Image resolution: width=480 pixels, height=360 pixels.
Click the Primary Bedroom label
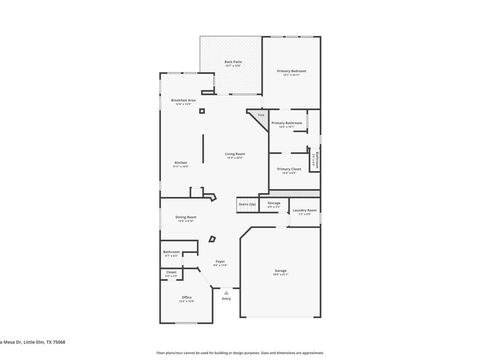coord(291,71)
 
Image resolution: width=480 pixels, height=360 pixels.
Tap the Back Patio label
coord(233,62)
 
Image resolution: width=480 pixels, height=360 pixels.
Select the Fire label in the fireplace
coord(261,115)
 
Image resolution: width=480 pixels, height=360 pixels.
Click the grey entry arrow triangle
coord(226,292)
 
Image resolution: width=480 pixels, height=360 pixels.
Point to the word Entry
coord(226,299)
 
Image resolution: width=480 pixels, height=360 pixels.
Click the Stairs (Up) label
coord(247,204)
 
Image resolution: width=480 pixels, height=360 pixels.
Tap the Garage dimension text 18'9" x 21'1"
coord(281,275)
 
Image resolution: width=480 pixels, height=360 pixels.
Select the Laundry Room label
coord(305,210)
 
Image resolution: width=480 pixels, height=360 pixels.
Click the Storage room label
coord(274,203)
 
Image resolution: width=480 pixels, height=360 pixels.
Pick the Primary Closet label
coord(289,169)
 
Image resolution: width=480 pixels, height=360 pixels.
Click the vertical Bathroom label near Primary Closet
coord(317,160)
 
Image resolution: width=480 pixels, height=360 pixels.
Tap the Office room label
coord(187,297)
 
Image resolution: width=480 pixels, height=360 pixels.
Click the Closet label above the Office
coord(172,272)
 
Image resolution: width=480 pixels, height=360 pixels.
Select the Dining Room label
coord(186,217)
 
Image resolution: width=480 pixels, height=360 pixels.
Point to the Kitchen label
coord(181,163)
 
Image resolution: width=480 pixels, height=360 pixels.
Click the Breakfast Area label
coord(183,100)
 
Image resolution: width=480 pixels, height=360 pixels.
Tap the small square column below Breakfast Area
coord(202,111)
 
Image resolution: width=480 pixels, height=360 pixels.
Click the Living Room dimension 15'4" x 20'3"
coord(235,158)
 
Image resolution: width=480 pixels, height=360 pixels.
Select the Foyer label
coord(220,262)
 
